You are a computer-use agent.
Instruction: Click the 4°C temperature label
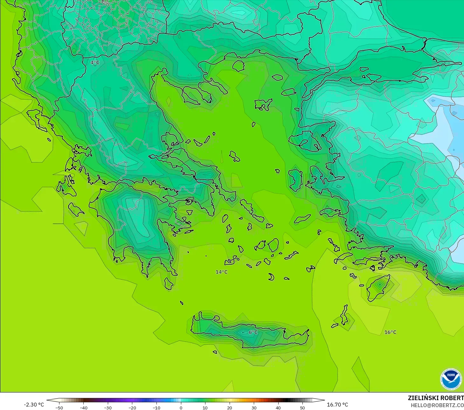pyautogui.click(x=95, y=63)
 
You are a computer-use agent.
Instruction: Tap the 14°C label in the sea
pyautogui.click(x=222, y=272)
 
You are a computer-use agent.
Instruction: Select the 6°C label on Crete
pyautogui.click(x=253, y=332)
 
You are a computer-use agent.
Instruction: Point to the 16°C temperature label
pyautogui.click(x=390, y=332)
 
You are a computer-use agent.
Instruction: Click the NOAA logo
pyautogui.click(x=451, y=379)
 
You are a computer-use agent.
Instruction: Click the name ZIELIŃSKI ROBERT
pyautogui.click(x=436, y=398)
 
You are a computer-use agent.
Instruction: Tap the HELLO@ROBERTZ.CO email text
pyautogui.click(x=437, y=405)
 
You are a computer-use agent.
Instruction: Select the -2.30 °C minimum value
pyautogui.click(x=34, y=405)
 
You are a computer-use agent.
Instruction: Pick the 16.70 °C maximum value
pyautogui.click(x=337, y=405)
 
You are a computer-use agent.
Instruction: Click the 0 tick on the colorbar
pyautogui.click(x=181, y=407)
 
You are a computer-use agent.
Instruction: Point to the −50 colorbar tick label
pyautogui.click(x=59, y=407)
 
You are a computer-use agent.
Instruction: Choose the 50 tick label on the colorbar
pyautogui.click(x=302, y=407)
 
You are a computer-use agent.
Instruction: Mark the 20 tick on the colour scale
pyautogui.click(x=229, y=407)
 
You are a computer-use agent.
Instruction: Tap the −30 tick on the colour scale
pyautogui.click(x=107, y=407)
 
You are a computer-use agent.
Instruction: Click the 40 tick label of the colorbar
pyautogui.click(x=278, y=407)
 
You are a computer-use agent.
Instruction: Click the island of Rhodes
pyautogui.click(x=377, y=287)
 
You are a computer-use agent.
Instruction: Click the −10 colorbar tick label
pyautogui.click(x=156, y=407)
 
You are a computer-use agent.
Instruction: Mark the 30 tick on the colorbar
pyautogui.click(x=254, y=407)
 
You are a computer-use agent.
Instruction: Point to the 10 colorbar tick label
pyautogui.click(x=205, y=407)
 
